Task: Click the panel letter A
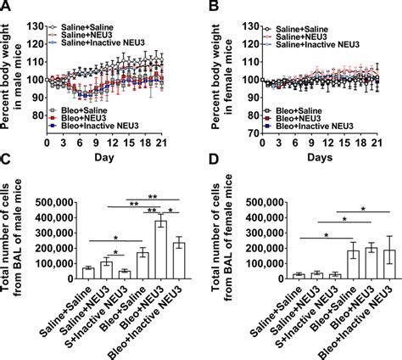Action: coord(8,8)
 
